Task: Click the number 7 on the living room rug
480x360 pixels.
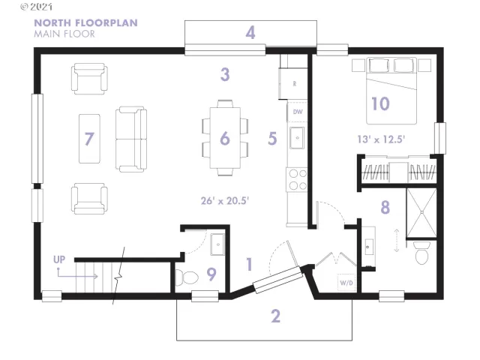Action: (89, 139)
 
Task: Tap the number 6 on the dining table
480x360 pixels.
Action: (224, 139)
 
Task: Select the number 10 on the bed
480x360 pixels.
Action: (380, 103)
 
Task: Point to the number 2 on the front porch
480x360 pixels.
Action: (275, 316)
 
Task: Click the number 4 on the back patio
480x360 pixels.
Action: (250, 32)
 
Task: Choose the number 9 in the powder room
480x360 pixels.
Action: (211, 274)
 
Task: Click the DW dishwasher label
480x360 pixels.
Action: (298, 112)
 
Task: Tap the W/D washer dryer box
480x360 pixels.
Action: (346, 283)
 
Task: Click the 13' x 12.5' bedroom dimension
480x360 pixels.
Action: (382, 139)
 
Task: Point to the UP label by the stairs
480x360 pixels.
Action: (58, 259)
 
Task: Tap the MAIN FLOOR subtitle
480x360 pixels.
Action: (64, 34)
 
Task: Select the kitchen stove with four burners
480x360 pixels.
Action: (298, 178)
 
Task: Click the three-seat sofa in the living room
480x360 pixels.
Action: (130, 139)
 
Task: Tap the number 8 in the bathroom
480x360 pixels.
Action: (385, 207)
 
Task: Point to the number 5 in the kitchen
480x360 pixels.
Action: (272, 139)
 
